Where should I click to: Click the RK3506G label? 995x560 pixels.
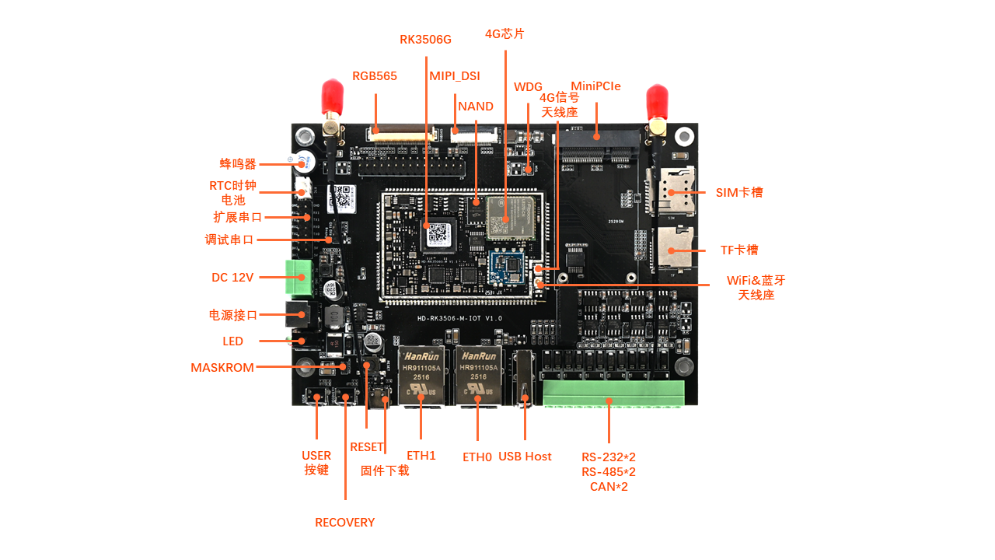(x=425, y=39)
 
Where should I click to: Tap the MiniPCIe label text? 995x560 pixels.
(x=595, y=86)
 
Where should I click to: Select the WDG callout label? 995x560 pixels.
(x=528, y=86)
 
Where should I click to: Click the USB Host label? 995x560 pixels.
(x=525, y=457)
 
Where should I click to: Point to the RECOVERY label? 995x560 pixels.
(x=344, y=523)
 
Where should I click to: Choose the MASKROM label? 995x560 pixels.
(x=222, y=368)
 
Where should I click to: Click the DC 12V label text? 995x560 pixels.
(x=232, y=278)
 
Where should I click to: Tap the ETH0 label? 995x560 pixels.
(x=477, y=457)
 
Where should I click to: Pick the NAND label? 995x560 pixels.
(x=476, y=107)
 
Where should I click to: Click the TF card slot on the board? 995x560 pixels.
(x=675, y=247)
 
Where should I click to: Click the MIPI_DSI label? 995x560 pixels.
(x=455, y=76)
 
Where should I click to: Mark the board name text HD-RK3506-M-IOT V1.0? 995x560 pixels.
(x=459, y=318)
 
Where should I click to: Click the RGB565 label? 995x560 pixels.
(x=375, y=76)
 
